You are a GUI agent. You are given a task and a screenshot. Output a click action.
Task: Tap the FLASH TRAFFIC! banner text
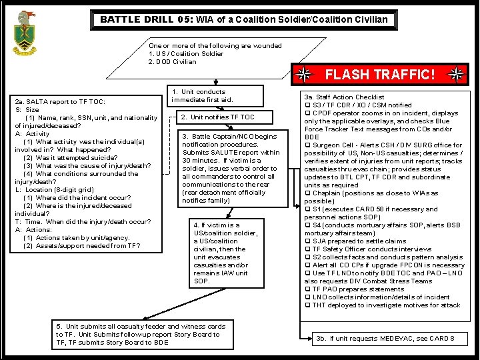click(x=380, y=75)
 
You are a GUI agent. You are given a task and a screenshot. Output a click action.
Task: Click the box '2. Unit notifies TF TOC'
click(x=218, y=117)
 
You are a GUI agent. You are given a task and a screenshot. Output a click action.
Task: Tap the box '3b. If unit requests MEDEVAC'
click(x=385, y=339)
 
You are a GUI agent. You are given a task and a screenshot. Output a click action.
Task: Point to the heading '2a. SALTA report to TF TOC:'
click(x=60, y=102)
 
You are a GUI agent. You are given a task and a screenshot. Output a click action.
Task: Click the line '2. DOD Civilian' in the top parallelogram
click(x=173, y=62)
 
